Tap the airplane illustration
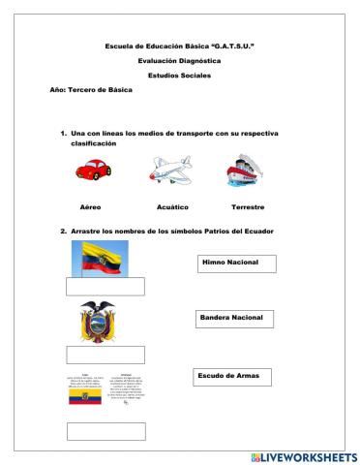171,171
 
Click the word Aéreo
91,207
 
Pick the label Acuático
171,207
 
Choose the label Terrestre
249,207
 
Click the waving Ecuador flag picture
104,259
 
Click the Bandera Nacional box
233,318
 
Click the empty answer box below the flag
105,286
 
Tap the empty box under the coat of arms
105,354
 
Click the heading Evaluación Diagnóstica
179,60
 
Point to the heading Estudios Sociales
179,75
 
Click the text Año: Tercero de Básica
91,89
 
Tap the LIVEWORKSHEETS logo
303,456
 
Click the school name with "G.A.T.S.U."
179,46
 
